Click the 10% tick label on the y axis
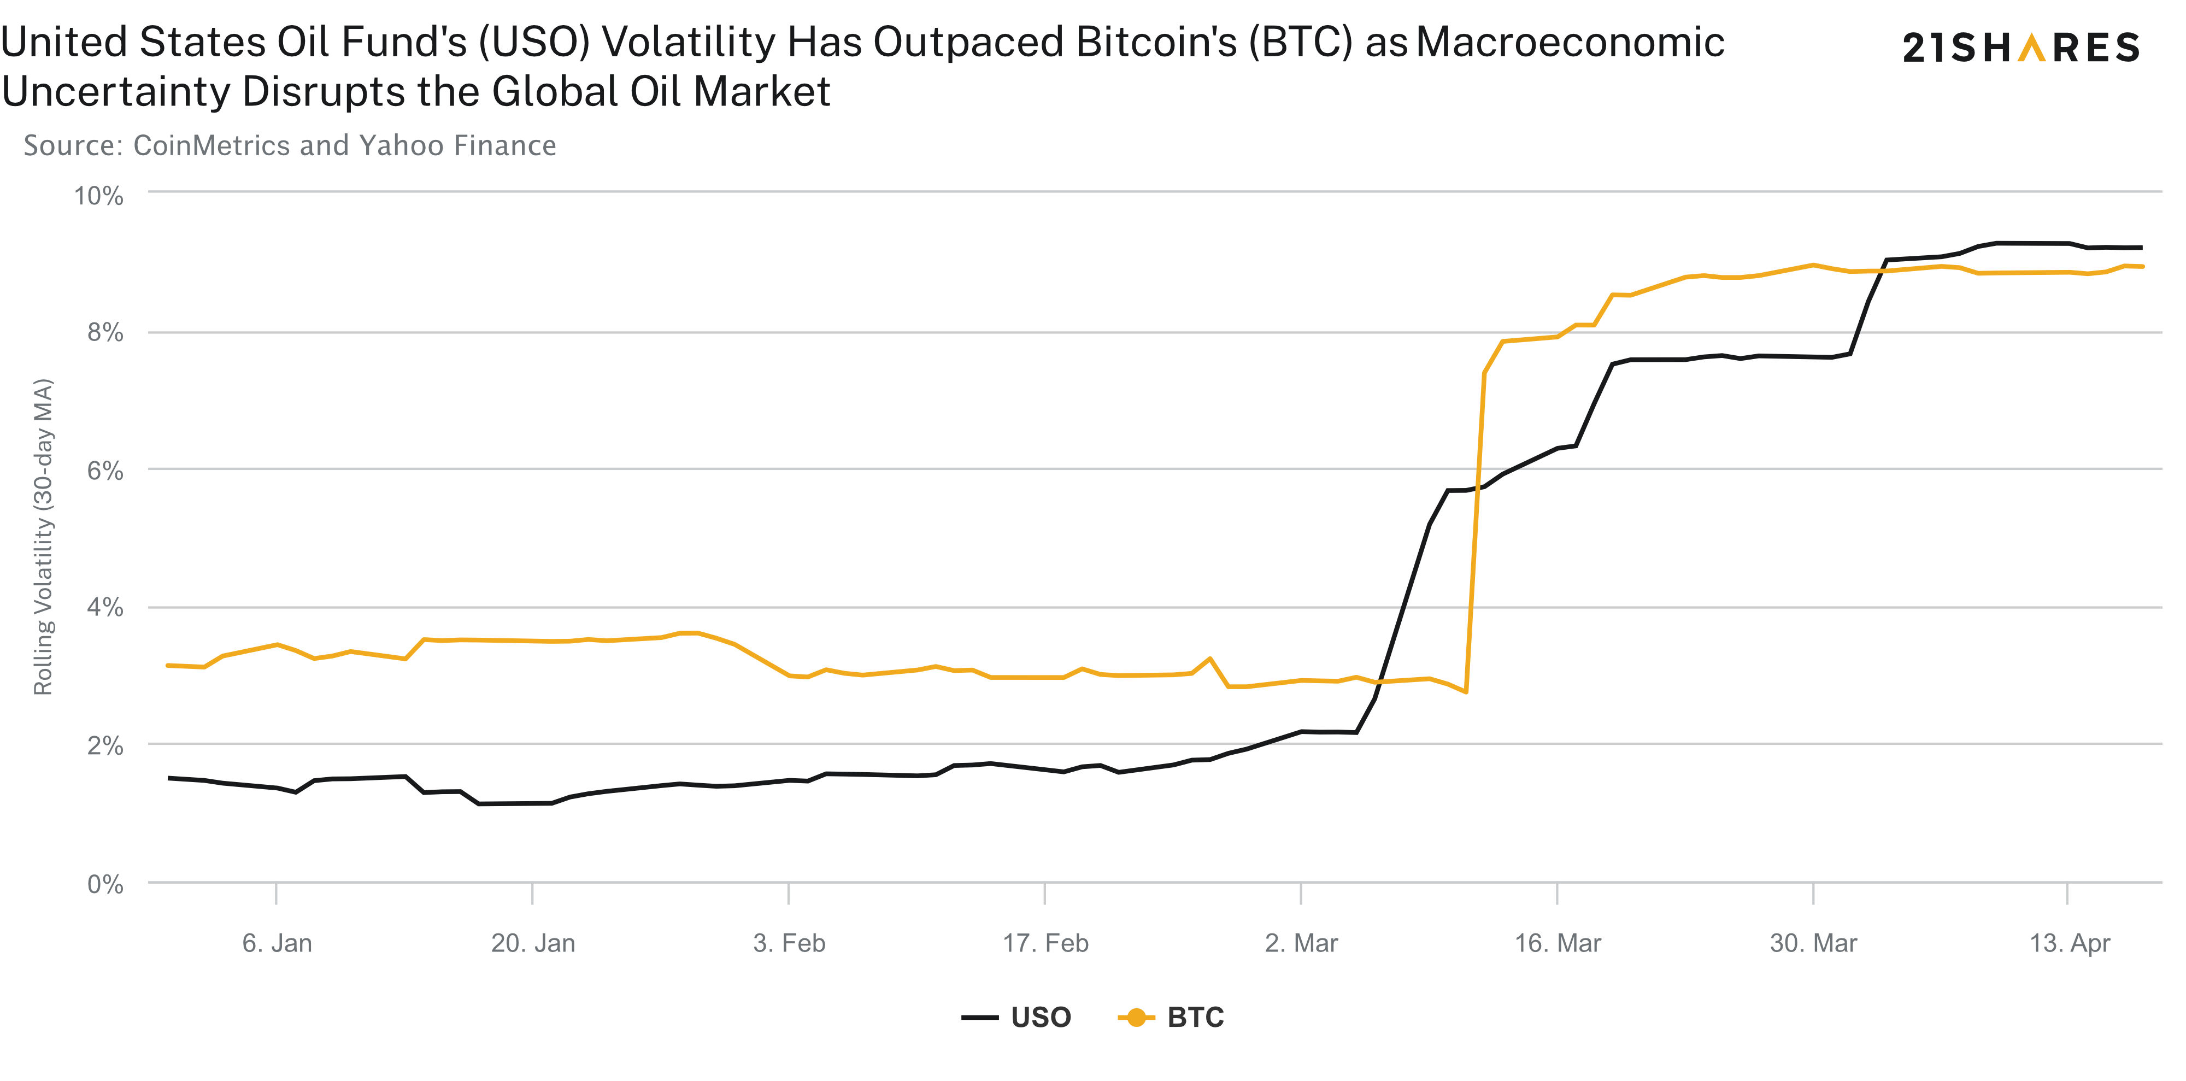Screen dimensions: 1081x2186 click(98, 196)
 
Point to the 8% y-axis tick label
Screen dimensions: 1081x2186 click(105, 333)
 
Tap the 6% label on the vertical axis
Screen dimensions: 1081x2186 click(105, 471)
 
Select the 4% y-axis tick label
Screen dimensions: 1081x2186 click(105, 608)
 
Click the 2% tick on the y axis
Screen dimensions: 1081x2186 click(105, 746)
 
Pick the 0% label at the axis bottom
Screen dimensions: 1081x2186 click(105, 884)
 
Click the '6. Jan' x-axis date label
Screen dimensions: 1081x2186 click(277, 943)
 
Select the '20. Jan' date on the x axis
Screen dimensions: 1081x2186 click(533, 943)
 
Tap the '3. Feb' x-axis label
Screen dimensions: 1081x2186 click(789, 943)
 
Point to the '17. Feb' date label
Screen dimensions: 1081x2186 click(1045, 943)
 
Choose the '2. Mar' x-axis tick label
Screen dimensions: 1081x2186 click(1301, 943)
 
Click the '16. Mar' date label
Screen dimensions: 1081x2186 click(1558, 943)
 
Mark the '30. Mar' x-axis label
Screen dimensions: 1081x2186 click(1813, 943)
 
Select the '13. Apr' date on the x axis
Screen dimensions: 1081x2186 click(2070, 943)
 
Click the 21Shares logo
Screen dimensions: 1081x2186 click(2022, 48)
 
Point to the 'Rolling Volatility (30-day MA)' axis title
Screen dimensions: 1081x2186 click(43, 536)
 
